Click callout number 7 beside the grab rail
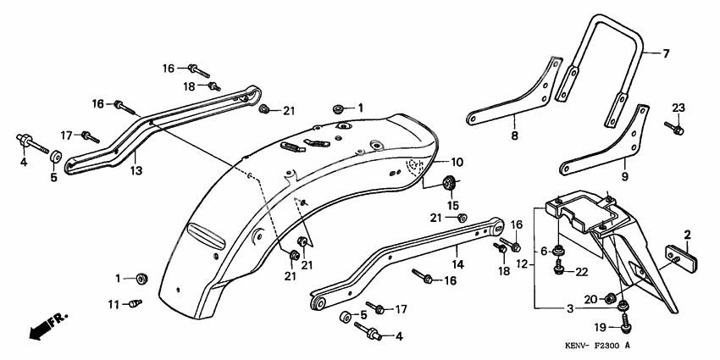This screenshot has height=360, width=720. pyautogui.click(x=666, y=54)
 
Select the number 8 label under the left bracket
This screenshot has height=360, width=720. pyautogui.click(x=513, y=135)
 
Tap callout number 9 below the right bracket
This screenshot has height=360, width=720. pyautogui.click(x=624, y=177)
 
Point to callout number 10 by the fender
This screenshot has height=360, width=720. pyautogui.click(x=457, y=162)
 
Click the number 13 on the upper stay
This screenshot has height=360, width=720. pyautogui.click(x=136, y=169)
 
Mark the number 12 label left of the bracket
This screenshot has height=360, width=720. pyautogui.click(x=523, y=263)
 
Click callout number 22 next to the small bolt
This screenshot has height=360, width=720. pyautogui.click(x=581, y=271)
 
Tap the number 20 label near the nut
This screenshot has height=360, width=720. pyautogui.click(x=590, y=297)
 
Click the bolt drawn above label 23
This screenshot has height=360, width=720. pyautogui.click(x=677, y=128)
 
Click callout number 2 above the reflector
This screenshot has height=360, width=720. pyautogui.click(x=688, y=234)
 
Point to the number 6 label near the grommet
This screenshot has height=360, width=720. pyautogui.click(x=544, y=252)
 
